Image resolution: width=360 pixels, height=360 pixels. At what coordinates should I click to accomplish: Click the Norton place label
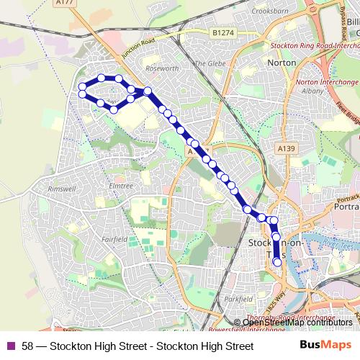point(282,63)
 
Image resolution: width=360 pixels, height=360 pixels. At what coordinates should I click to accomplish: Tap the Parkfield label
point(238,297)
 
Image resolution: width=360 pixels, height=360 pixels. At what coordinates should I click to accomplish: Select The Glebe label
point(210,63)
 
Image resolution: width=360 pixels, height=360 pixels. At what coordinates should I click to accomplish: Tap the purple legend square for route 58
point(10,346)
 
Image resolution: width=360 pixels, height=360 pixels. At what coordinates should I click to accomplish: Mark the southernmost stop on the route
point(277,262)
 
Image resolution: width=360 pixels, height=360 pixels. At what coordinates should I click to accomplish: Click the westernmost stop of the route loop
point(82,88)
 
